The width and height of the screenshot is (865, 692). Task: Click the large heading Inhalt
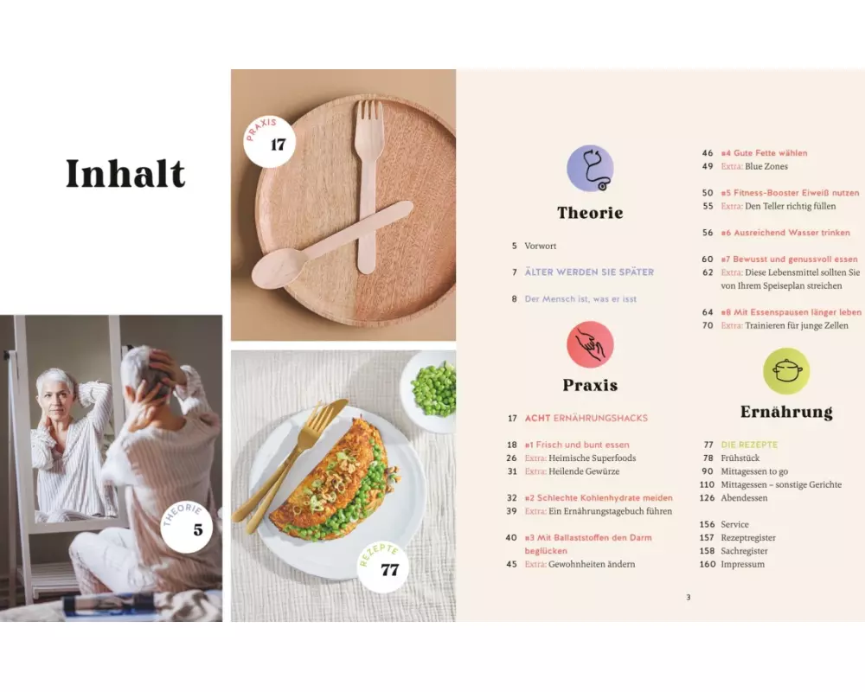click(x=125, y=173)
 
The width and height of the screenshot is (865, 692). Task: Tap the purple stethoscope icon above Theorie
click(x=590, y=169)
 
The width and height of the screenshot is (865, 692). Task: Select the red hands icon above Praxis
click(x=590, y=344)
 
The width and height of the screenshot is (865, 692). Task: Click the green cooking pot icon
click(x=786, y=371)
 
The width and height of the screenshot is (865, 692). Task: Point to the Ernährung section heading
click(x=786, y=412)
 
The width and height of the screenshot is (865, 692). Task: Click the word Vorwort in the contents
click(x=540, y=246)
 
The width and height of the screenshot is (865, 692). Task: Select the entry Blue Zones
click(x=766, y=166)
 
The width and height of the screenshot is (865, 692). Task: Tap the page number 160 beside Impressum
click(x=708, y=564)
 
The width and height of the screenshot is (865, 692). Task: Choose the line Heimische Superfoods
click(x=592, y=458)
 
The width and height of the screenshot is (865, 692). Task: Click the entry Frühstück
click(x=740, y=458)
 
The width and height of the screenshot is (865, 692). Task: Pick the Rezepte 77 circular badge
click(x=382, y=567)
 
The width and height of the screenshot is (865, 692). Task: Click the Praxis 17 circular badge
click(x=269, y=141)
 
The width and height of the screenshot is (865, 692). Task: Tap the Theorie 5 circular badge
click(x=187, y=527)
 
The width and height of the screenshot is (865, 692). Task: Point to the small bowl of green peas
click(x=430, y=390)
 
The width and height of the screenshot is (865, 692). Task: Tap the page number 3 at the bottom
click(x=688, y=597)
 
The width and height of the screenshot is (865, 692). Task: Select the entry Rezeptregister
click(x=748, y=537)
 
